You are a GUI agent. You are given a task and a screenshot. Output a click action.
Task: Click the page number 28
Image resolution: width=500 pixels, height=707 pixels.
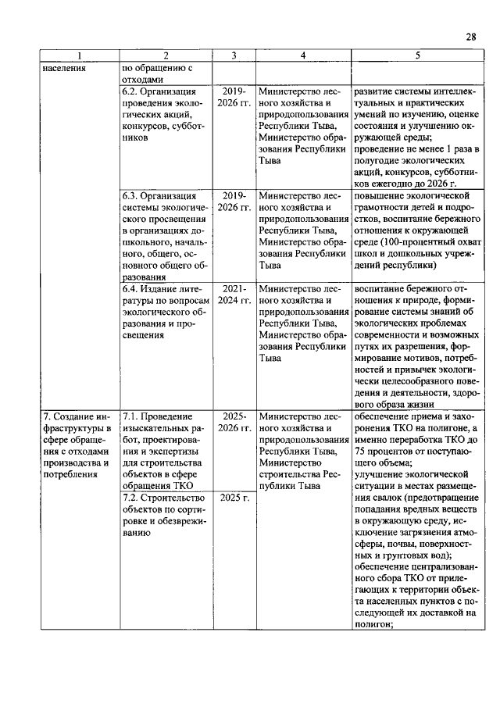[x=470, y=37]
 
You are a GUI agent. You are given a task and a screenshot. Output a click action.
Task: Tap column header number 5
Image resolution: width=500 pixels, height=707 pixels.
[x=417, y=55]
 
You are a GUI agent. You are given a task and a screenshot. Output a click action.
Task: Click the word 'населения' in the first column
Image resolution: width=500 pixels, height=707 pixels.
[x=65, y=68]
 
